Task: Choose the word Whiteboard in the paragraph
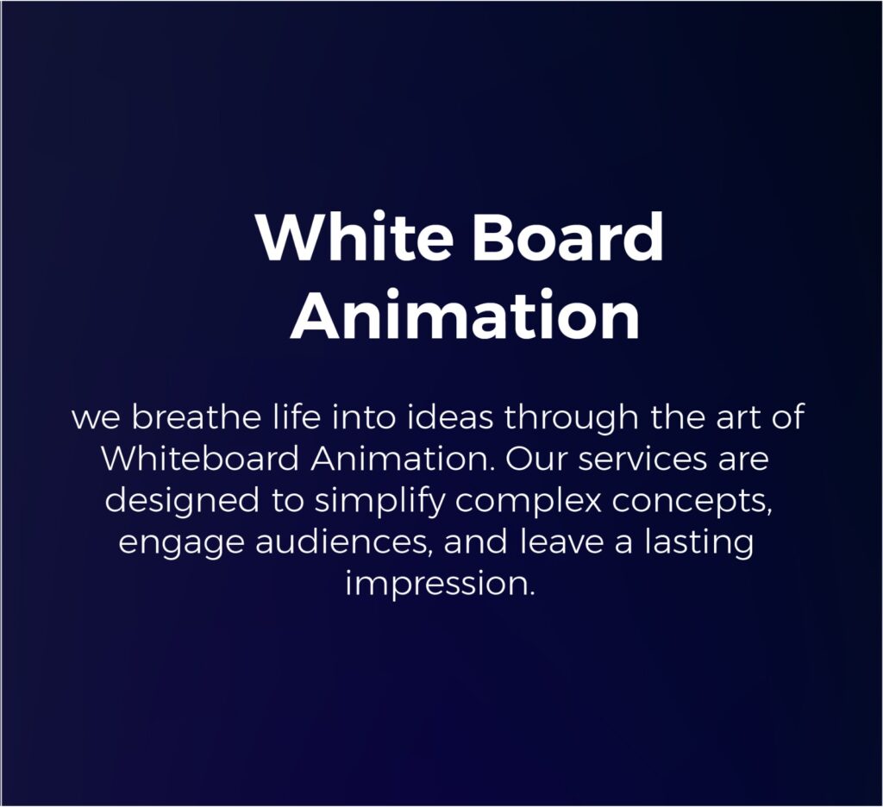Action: coord(200,459)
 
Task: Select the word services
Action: coord(642,459)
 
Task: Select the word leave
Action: coord(560,541)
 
